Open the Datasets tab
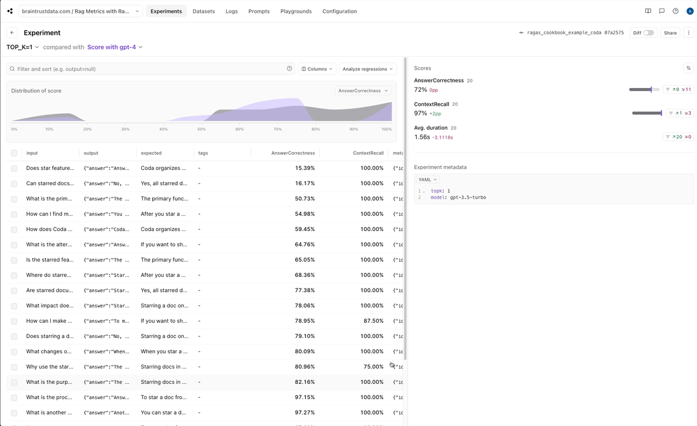203,11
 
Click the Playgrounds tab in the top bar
296,11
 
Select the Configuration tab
339,11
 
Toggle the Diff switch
648,33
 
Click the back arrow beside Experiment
12,33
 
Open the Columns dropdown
317,69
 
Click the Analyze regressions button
367,69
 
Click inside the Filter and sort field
150,69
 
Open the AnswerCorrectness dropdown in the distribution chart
363,90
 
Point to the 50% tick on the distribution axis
202,129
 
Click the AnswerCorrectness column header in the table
293,153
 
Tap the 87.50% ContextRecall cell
373,321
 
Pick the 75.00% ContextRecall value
373,367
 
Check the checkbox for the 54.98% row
14,214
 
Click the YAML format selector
427,180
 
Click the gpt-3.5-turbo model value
468,197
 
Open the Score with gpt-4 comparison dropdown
115,47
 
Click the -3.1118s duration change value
442,138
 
